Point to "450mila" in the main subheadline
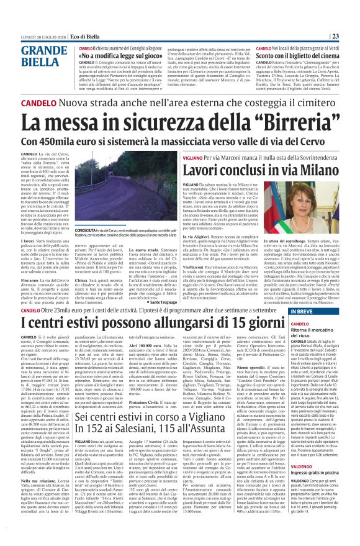(59, 142)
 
